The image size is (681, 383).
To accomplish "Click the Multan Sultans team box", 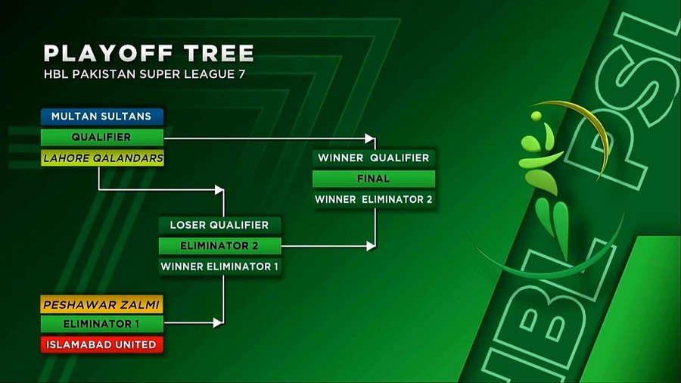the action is tap(102, 117).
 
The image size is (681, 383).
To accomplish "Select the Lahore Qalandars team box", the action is tap(102, 158).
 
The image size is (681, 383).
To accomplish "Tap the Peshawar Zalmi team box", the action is tap(101, 304).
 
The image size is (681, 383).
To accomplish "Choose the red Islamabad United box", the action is tap(101, 344).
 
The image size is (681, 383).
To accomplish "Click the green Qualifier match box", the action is tap(102, 137).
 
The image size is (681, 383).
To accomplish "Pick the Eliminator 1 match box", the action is tap(101, 324).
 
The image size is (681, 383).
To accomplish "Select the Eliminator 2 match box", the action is tap(219, 246).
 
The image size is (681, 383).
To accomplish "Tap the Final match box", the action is tap(374, 179).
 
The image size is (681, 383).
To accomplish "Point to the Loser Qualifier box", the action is tap(219, 225).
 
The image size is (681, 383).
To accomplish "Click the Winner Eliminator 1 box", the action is tap(219, 266).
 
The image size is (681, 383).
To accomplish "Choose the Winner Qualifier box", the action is tap(374, 157).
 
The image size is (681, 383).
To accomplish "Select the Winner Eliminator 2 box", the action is tap(374, 199).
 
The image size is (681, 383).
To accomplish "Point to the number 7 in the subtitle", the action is tap(241, 74).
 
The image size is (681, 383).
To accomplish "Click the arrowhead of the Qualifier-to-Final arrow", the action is tap(370, 139).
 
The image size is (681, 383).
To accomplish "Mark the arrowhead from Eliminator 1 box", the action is tap(219, 322).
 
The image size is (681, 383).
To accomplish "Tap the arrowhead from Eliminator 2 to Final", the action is tap(371, 246).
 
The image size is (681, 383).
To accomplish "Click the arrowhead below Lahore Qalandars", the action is tap(219, 189).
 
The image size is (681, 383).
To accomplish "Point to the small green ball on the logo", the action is tap(536, 116).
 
